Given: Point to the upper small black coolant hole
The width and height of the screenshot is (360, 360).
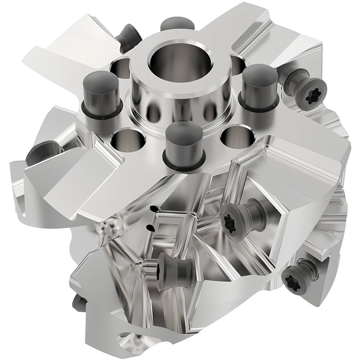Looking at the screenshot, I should pyautogui.click(x=154, y=208).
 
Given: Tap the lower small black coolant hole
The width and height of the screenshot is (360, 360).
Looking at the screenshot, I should pyautogui.click(x=150, y=227).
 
